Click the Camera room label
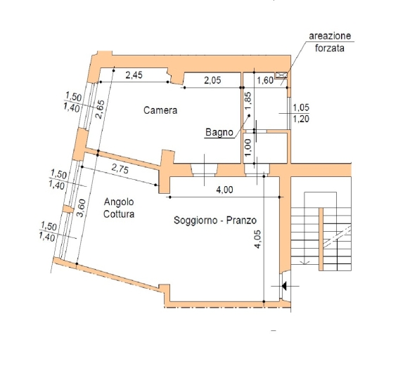(160, 110)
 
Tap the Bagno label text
(219, 132)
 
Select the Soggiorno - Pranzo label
(215, 220)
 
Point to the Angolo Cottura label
(119, 208)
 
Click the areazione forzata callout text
(330, 42)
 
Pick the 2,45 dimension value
(134, 75)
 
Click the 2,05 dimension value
(212, 80)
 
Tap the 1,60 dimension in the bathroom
(265, 80)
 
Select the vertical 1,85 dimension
(248, 101)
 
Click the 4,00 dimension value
(224, 190)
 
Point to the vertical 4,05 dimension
(257, 240)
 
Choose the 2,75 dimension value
(120, 169)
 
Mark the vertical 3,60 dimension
(82, 208)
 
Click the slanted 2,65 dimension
(100, 110)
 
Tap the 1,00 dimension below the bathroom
(248, 148)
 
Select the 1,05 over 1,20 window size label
(301, 113)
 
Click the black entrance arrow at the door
(284, 286)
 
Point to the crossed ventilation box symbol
(281, 74)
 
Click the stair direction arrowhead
(305, 263)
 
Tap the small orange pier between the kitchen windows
(68, 209)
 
